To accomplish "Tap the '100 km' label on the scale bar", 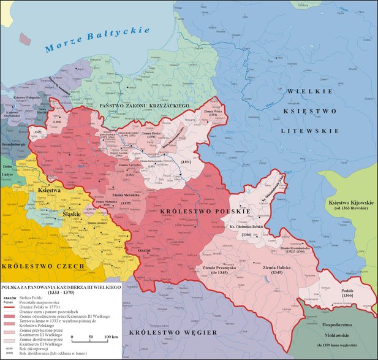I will point(110,337).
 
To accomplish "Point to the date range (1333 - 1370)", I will point(64,292).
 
